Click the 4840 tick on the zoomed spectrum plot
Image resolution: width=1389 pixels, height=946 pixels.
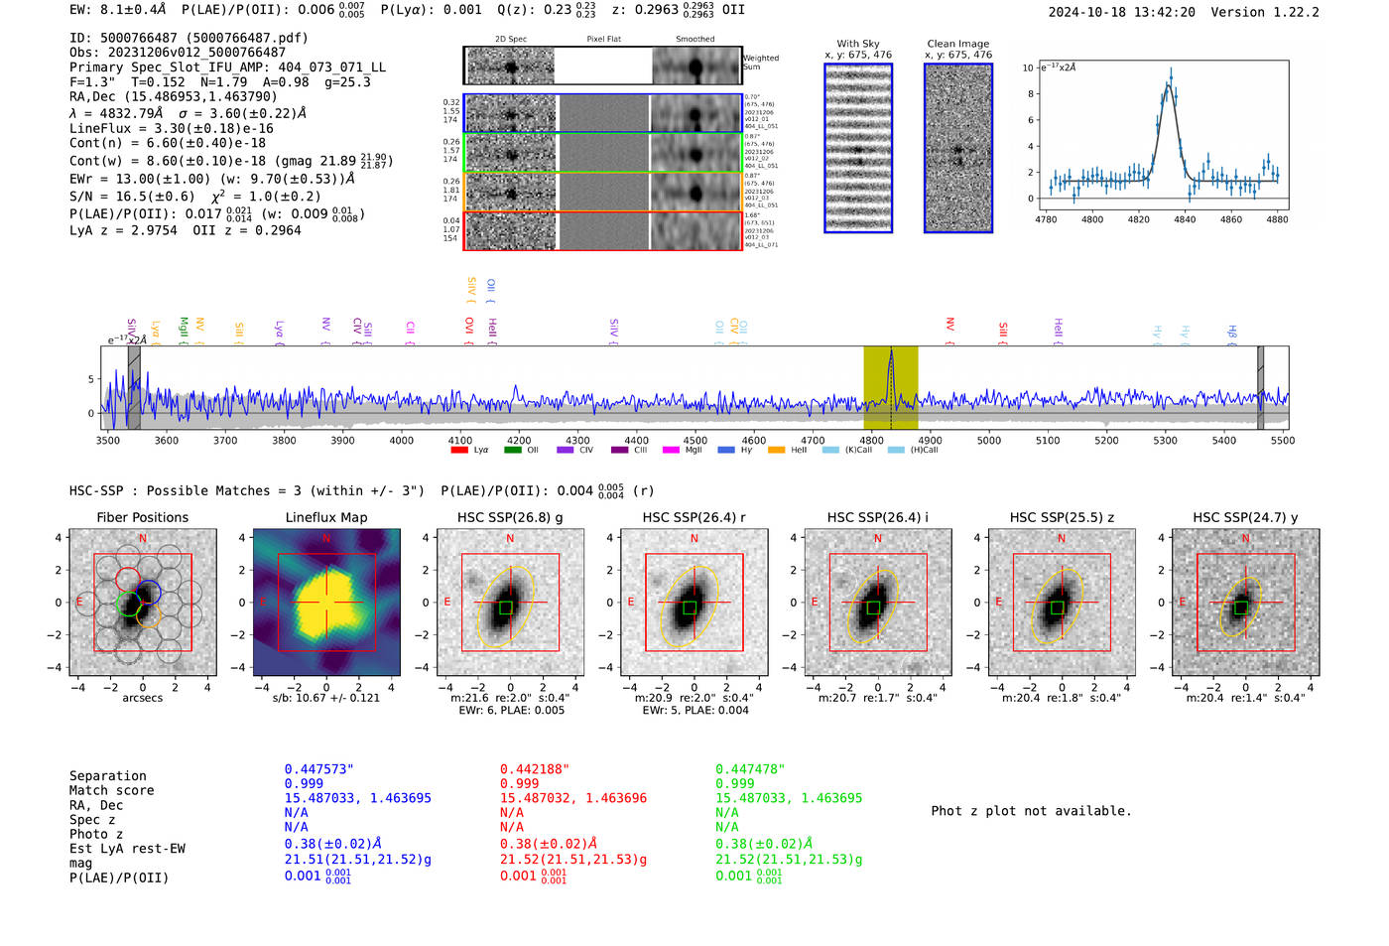click(x=1185, y=219)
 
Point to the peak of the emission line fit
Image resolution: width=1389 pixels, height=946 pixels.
click(x=1170, y=85)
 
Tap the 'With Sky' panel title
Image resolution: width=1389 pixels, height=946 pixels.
click(x=857, y=44)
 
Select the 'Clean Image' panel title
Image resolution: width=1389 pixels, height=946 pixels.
click(x=957, y=44)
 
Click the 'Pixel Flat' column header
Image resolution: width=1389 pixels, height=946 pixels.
click(x=603, y=39)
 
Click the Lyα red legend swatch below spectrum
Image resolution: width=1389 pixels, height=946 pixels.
click(x=459, y=451)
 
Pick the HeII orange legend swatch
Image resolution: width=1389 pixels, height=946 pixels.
click(x=776, y=451)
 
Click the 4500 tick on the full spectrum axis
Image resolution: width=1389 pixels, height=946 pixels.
click(x=695, y=441)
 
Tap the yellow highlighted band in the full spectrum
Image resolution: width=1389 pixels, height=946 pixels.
click(x=890, y=387)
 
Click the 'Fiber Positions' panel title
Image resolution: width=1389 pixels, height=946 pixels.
click(x=142, y=517)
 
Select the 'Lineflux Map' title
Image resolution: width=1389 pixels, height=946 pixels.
click(x=326, y=517)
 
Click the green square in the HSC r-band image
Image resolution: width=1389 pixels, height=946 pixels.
click(x=691, y=607)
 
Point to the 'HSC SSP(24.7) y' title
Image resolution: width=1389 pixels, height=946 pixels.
click(x=1245, y=517)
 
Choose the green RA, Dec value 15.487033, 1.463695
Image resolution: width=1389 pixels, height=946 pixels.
click(x=789, y=798)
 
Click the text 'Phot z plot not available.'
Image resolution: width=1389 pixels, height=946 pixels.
click(x=1031, y=811)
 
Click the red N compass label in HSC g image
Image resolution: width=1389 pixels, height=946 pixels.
click(x=510, y=539)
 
